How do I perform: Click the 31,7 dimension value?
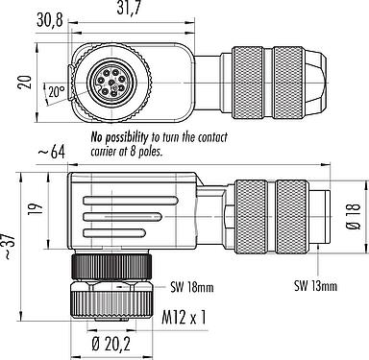point(129,8)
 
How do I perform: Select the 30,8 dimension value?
point(49,20)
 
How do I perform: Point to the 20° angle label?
point(57,92)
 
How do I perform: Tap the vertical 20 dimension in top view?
point(25,82)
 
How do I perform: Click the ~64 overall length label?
point(52,152)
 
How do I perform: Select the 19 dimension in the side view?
point(37,208)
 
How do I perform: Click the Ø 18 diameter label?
point(355,216)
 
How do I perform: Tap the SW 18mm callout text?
point(192,288)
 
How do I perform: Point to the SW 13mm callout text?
point(316,286)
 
